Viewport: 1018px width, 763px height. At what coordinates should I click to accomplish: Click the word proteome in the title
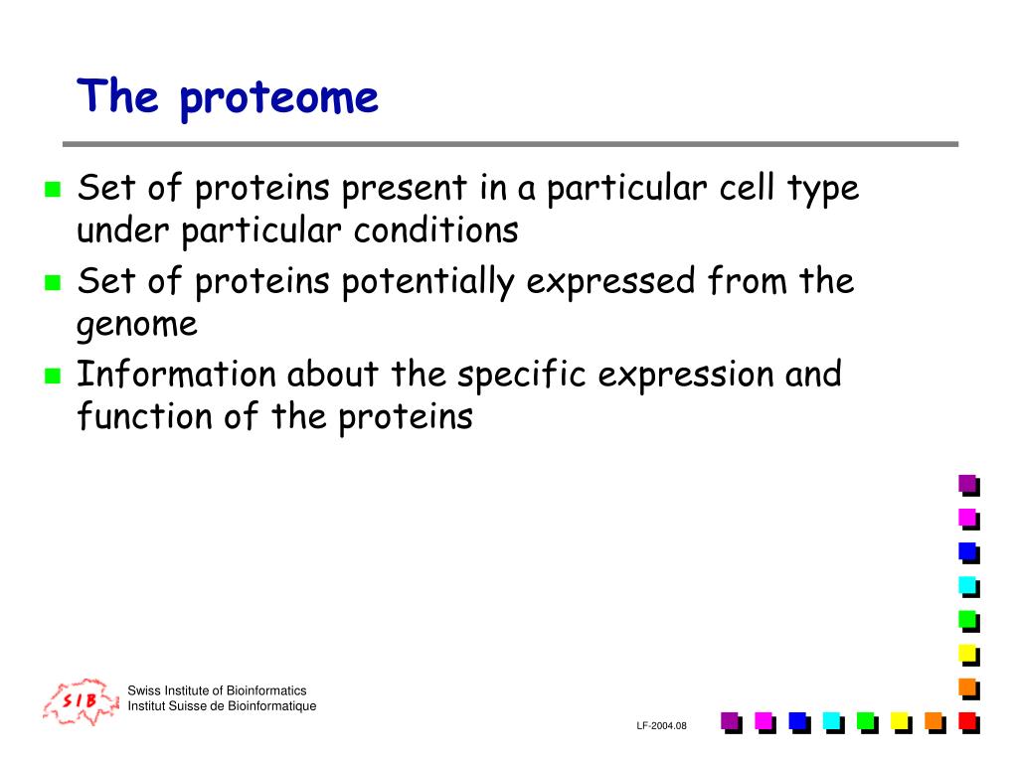pyautogui.click(x=279, y=99)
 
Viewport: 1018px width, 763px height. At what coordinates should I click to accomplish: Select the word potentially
pyautogui.click(x=427, y=282)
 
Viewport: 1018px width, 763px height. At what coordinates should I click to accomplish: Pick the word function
pyautogui.click(x=145, y=415)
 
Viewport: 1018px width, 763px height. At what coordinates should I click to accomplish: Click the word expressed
pyautogui.click(x=610, y=282)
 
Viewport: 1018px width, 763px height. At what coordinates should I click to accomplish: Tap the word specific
pyautogui.click(x=522, y=376)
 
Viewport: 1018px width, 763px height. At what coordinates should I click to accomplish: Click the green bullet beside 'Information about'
pyautogui.click(x=53, y=376)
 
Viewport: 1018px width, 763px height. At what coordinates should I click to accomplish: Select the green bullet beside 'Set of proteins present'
pyautogui.click(x=53, y=189)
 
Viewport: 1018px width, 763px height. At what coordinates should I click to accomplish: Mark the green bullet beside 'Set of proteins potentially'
pyautogui.click(x=53, y=282)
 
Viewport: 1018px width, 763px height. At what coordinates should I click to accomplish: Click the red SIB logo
pyautogui.click(x=82, y=701)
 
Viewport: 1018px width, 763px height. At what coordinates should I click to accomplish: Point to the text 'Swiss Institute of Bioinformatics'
pyautogui.click(x=217, y=690)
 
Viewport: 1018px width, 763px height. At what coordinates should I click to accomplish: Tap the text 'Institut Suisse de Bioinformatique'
pyautogui.click(x=222, y=706)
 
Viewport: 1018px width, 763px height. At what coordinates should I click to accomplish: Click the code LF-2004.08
pyautogui.click(x=661, y=726)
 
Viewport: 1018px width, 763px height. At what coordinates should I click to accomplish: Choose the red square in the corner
pyautogui.click(x=968, y=722)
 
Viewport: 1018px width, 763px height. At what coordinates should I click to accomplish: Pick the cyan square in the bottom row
pyautogui.click(x=833, y=722)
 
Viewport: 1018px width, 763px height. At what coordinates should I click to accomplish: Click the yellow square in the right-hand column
pyautogui.click(x=968, y=655)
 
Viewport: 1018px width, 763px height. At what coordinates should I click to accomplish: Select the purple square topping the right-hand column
pyautogui.click(x=968, y=485)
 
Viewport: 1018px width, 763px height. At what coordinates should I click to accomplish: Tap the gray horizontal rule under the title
pyautogui.click(x=510, y=144)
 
